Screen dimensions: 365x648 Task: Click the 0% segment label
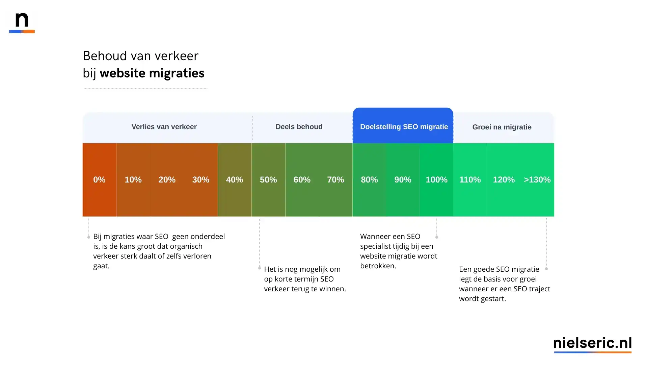[x=99, y=180]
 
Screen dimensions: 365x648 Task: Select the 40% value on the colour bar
[x=235, y=180]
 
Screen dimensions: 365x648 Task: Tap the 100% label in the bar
[x=436, y=180]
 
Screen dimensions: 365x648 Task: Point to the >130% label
[x=537, y=180]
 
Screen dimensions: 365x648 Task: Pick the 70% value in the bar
[x=335, y=180]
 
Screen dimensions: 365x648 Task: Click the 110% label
[x=470, y=180]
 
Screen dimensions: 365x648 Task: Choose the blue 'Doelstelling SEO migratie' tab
[x=404, y=127]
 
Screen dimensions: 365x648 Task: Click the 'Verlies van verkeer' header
[x=164, y=127]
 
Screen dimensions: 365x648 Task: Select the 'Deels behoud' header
[x=299, y=127]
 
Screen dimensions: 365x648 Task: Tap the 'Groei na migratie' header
[x=502, y=127]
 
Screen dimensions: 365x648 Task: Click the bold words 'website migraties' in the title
[x=152, y=73]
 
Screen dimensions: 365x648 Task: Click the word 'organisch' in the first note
[x=186, y=246]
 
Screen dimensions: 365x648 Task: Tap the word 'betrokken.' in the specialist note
[x=378, y=266]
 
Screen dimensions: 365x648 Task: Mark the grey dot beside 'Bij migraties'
[x=89, y=237]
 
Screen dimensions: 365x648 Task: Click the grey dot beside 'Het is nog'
[x=260, y=268]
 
